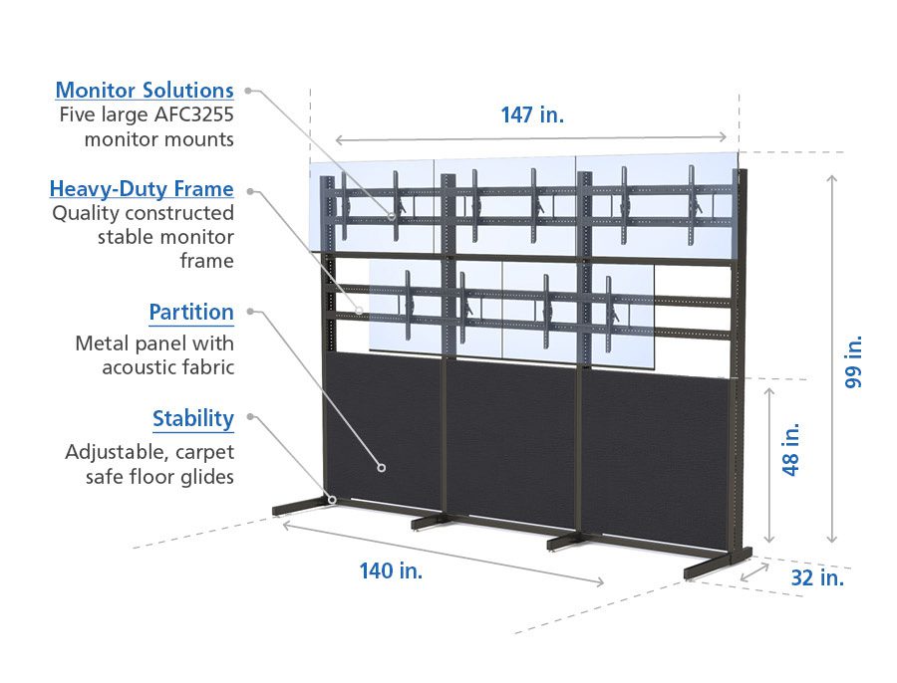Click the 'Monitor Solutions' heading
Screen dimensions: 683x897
click(x=145, y=91)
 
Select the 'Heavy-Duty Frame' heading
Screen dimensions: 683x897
click(x=142, y=189)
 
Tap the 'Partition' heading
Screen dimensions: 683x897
click(x=191, y=313)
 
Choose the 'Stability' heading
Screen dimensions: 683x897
click(x=193, y=418)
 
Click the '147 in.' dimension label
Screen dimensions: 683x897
click(x=532, y=114)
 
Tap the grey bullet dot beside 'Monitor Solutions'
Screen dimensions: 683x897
click(x=248, y=91)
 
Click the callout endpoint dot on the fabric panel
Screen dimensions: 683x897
click(x=381, y=465)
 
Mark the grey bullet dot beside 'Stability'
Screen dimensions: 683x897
click(x=248, y=416)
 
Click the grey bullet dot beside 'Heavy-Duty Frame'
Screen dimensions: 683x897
click(x=248, y=189)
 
